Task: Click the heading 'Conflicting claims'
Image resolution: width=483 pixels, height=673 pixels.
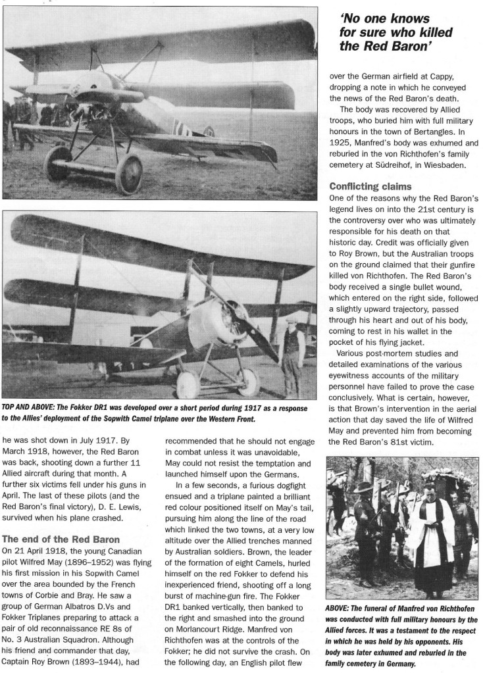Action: pos(372,187)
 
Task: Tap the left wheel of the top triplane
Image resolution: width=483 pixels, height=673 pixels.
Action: pos(58,165)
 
